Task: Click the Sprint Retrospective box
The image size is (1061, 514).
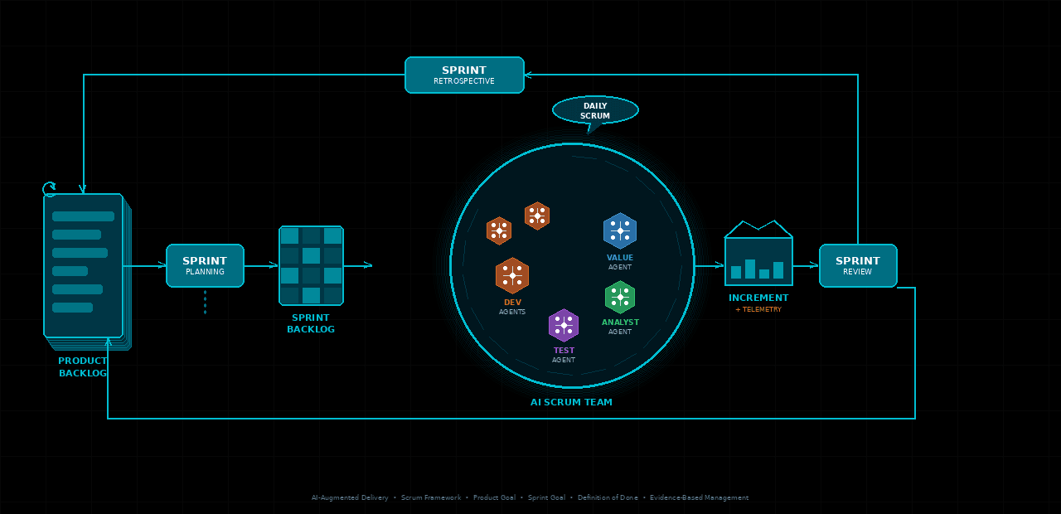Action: (464, 75)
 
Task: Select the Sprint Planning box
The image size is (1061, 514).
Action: (205, 265)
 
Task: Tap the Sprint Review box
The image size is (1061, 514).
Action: (858, 265)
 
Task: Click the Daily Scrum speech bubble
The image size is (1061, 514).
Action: (595, 110)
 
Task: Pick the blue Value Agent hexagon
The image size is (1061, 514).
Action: (620, 230)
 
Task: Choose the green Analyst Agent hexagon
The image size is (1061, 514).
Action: (620, 298)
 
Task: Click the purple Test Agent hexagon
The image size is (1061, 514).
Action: (564, 325)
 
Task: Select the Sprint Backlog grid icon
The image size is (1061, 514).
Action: (311, 265)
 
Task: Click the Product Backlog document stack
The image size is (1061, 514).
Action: (84, 265)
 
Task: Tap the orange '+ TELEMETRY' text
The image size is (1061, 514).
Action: (758, 309)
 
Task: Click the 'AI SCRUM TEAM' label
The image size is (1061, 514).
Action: (571, 402)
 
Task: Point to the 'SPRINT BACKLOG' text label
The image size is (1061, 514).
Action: (311, 323)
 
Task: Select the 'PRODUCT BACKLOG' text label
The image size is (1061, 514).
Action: (83, 367)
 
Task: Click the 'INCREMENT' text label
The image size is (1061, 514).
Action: (758, 298)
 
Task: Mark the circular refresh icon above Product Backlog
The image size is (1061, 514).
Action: (50, 189)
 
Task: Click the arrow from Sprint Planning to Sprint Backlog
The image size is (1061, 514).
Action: (261, 265)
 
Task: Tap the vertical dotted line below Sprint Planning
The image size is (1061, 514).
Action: (205, 302)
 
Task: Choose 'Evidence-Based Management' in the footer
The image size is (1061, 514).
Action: (699, 497)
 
